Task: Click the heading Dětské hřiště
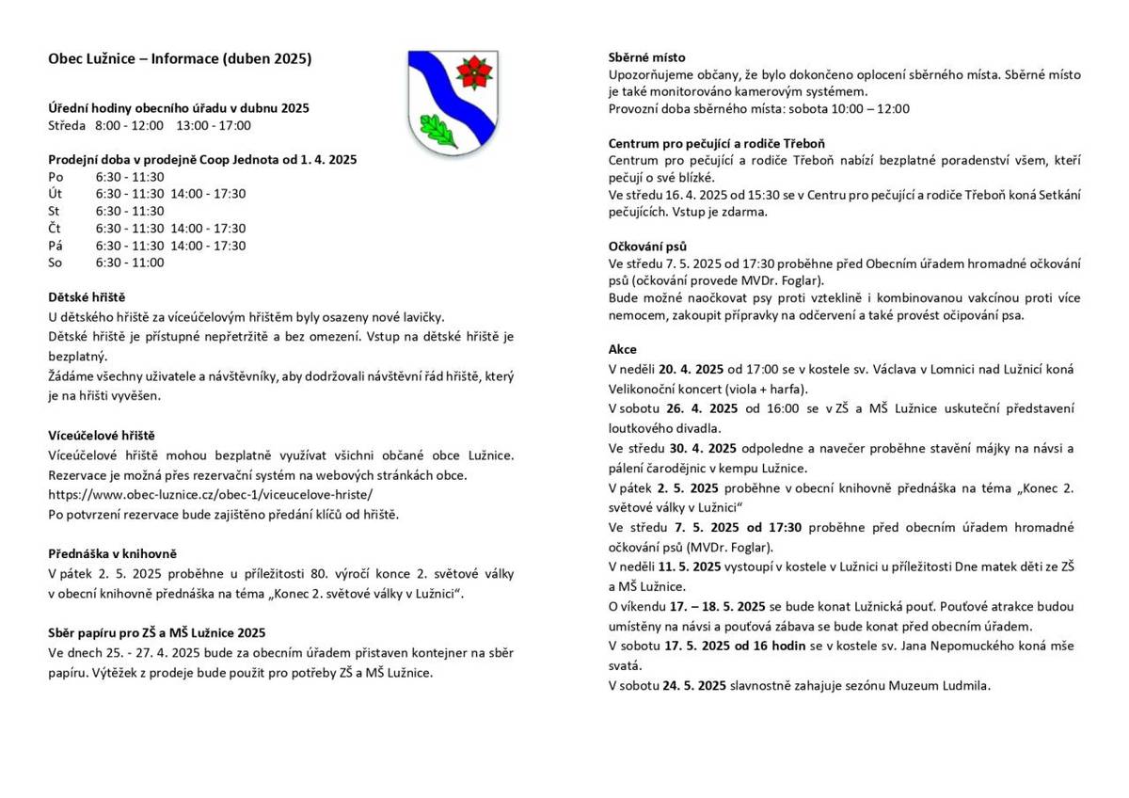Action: click(x=87, y=296)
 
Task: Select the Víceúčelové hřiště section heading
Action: click(x=102, y=435)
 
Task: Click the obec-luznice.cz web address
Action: click(x=210, y=493)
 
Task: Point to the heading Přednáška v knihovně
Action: click(x=113, y=553)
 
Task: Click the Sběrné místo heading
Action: click(x=647, y=57)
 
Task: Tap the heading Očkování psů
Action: click(x=648, y=246)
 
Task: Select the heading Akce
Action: click(x=623, y=349)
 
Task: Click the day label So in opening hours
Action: click(x=55, y=263)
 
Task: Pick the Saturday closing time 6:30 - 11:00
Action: click(x=130, y=263)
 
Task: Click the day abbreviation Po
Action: click(x=56, y=176)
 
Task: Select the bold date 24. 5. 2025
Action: click(x=693, y=685)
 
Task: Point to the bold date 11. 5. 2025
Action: click(x=692, y=567)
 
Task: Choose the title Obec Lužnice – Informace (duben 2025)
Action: click(x=180, y=58)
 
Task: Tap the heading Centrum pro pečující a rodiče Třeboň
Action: click(x=717, y=143)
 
